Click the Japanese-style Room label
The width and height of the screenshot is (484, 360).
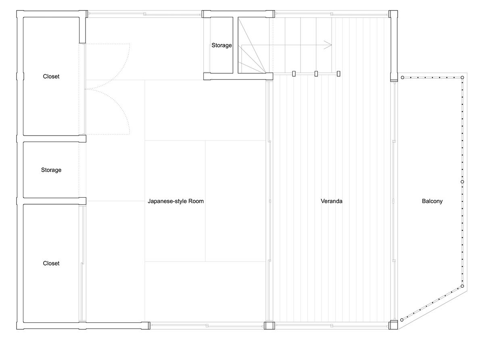pyautogui.click(x=175, y=201)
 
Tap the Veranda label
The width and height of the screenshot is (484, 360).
pyautogui.click(x=331, y=201)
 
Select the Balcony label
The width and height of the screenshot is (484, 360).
pyautogui.click(x=432, y=201)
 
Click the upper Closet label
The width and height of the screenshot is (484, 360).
pyautogui.click(x=51, y=76)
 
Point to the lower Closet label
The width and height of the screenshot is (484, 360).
pyautogui.click(x=51, y=263)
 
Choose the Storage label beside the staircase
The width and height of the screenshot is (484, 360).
pyautogui.click(x=221, y=45)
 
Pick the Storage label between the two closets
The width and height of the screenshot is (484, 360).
pyautogui.click(x=51, y=170)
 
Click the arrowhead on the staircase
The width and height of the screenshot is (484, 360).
pyautogui.click(x=328, y=45)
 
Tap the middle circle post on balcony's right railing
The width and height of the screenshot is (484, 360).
pyautogui.click(x=462, y=182)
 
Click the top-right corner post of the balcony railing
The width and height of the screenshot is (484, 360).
pyautogui.click(x=462, y=77)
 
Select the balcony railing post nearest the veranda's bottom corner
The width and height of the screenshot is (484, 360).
pyautogui.click(x=402, y=320)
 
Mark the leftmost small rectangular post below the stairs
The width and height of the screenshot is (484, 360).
pyautogui.click(x=294, y=74)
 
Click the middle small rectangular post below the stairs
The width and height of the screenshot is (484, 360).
pyautogui.click(x=316, y=74)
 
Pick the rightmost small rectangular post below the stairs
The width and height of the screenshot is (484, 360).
pyautogui.click(x=338, y=74)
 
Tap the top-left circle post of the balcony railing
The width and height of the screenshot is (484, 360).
pyautogui.click(x=403, y=77)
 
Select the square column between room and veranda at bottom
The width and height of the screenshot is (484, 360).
pyautogui.click(x=269, y=325)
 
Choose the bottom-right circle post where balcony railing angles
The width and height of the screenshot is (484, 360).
pyautogui.click(x=462, y=286)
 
